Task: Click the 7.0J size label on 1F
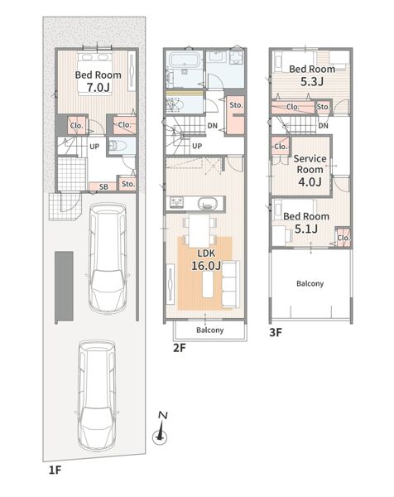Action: point(98,87)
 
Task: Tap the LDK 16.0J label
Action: point(206,259)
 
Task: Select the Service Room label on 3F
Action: point(310,164)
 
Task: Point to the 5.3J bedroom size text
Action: point(312,81)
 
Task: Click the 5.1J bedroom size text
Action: point(306,229)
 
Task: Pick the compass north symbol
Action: point(161,427)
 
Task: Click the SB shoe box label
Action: point(103,187)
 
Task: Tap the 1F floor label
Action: point(55,470)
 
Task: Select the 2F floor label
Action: point(179,348)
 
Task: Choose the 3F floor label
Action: point(276,332)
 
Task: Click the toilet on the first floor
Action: point(118,146)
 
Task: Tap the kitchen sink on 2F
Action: point(208,203)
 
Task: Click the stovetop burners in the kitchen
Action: point(177,203)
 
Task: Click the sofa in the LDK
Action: point(230,284)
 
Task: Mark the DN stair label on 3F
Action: point(323,126)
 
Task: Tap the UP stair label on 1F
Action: point(94,147)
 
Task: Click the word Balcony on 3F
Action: point(310,283)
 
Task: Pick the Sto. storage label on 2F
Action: point(236,105)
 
